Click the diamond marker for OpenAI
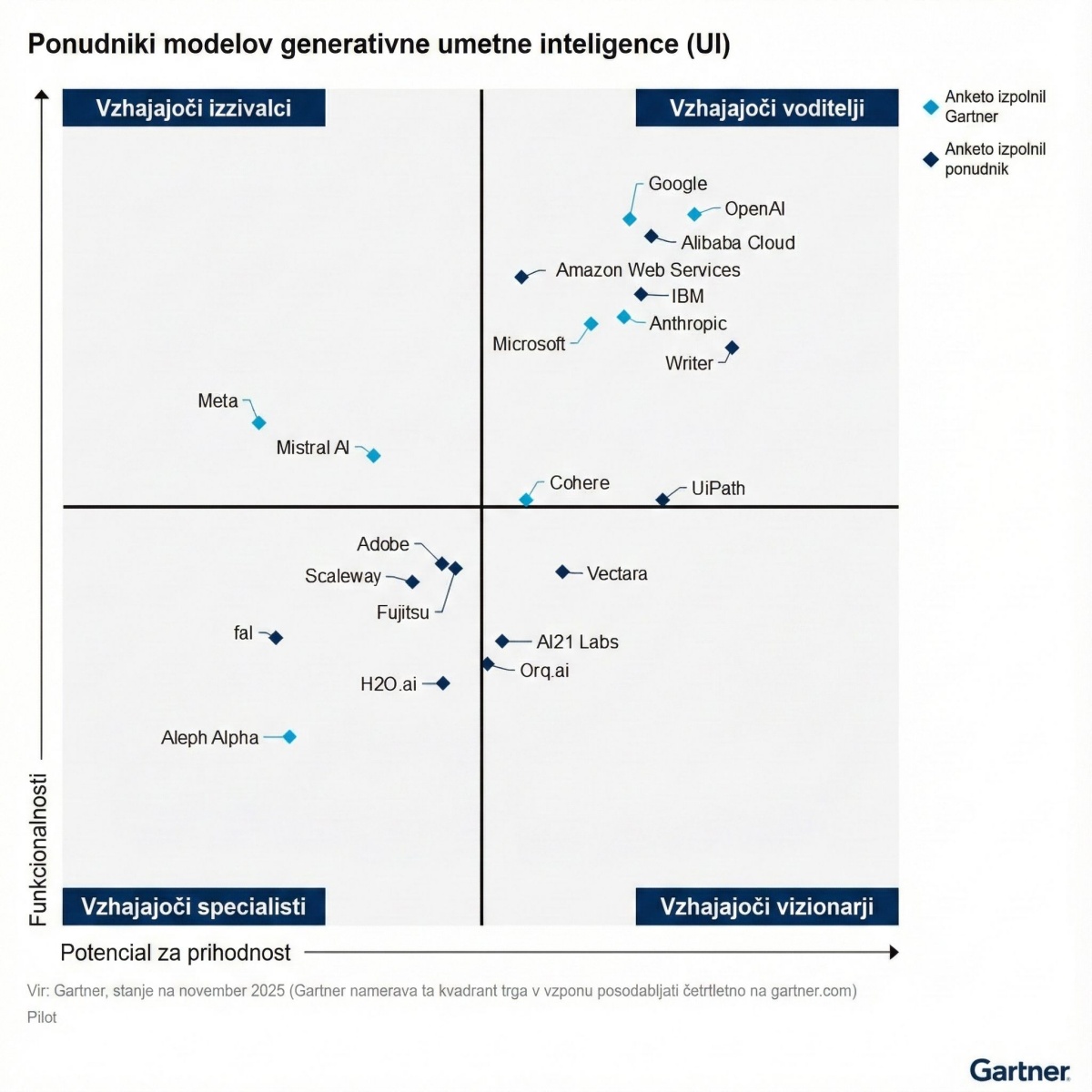pos(694,214)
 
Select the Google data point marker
pos(630,218)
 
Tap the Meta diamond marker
pos(258,422)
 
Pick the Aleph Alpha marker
pos(289,737)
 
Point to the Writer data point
pos(733,348)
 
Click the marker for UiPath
pos(662,499)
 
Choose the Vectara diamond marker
pos(562,572)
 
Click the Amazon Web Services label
pos(648,270)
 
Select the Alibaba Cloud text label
pos(738,243)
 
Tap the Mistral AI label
pos(312,448)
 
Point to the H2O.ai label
pos(389,684)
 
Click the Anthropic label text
pos(688,324)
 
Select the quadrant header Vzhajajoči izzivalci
pos(194,108)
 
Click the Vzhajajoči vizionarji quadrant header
pos(766,907)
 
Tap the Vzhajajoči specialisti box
pos(194,907)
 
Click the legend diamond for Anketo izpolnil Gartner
pos(930,106)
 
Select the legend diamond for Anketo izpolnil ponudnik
pos(930,159)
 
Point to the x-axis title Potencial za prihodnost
pos(176,953)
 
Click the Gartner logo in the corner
pos(1019,1070)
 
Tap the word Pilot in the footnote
pos(42,1017)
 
